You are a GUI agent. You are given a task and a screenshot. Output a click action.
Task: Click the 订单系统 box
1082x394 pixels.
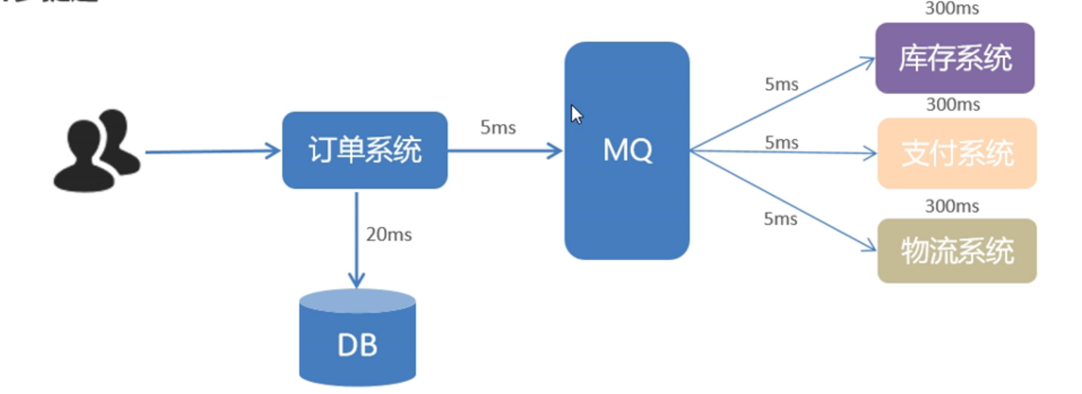[x=365, y=150]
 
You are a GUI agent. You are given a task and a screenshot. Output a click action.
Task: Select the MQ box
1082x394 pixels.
[x=627, y=151]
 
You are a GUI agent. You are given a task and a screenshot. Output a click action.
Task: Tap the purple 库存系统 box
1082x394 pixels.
[x=955, y=58]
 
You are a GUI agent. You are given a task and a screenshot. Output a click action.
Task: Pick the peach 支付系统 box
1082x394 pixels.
[x=957, y=153]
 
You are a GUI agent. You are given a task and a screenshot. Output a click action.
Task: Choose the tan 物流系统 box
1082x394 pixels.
[x=957, y=251]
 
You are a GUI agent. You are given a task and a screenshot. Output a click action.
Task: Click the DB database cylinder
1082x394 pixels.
[x=357, y=340]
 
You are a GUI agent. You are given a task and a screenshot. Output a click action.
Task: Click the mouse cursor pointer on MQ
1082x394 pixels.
[x=577, y=115]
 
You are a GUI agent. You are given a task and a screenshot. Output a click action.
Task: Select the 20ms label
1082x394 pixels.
[x=388, y=234]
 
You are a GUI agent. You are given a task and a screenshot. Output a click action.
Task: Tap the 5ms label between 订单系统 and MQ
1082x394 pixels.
[x=498, y=127]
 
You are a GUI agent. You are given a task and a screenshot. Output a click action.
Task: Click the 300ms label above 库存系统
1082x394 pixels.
[x=952, y=9]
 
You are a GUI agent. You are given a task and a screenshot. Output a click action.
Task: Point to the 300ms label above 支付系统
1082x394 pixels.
[x=952, y=105]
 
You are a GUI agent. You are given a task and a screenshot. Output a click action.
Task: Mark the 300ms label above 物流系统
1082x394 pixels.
[x=952, y=206]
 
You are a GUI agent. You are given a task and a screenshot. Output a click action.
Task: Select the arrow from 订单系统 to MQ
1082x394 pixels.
[x=505, y=151]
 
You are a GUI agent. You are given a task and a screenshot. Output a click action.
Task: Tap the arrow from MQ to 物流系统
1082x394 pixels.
[x=784, y=199]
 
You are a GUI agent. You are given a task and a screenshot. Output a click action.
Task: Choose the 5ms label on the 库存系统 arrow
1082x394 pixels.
[x=781, y=84]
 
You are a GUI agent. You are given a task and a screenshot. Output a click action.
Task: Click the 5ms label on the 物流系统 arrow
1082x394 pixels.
[x=780, y=218]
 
